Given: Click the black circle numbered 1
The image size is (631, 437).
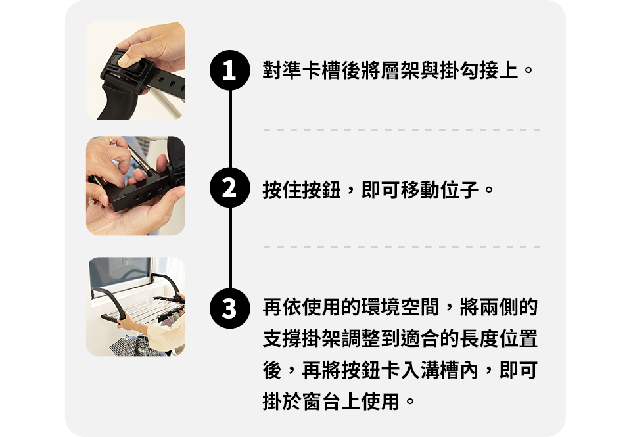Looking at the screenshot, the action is [x=230, y=70].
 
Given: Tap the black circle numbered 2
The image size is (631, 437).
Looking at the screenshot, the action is [x=230, y=187].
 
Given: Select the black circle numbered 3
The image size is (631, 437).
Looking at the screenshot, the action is [x=230, y=308].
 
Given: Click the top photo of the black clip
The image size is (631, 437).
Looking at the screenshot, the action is [x=135, y=70].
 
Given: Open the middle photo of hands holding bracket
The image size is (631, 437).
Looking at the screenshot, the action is [x=135, y=185].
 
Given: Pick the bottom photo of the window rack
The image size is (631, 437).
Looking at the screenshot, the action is [x=135, y=307].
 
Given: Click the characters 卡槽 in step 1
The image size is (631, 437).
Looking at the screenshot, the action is [x=321, y=70].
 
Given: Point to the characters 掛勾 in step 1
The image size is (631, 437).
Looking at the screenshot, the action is [x=459, y=70].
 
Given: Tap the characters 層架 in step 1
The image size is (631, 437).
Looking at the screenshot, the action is [x=400, y=70].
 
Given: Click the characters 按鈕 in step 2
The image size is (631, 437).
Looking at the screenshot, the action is [x=321, y=190].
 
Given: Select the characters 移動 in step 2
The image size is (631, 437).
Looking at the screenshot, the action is [x=420, y=190].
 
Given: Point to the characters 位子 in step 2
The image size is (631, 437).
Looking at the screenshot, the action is [x=459, y=190].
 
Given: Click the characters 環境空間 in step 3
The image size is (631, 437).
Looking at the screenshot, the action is [x=400, y=307].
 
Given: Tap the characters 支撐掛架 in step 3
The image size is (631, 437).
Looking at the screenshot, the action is [x=302, y=338].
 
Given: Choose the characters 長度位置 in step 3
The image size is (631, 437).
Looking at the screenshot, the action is [x=499, y=338].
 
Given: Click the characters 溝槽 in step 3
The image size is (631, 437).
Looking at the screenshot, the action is [x=440, y=370].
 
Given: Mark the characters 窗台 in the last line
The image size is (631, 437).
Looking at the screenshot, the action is [x=321, y=402].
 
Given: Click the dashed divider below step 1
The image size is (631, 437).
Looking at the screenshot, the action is [x=402, y=130].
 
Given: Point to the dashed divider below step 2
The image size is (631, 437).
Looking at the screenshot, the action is [x=402, y=246].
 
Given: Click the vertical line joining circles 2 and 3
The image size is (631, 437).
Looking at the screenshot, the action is [x=230, y=248].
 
